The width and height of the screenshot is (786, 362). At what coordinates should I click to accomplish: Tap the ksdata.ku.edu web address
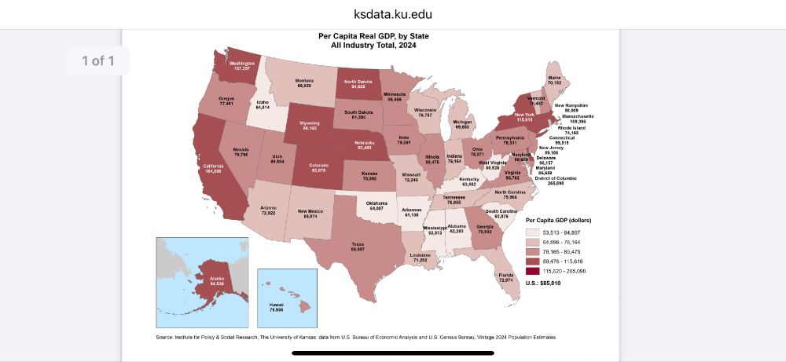[x=392, y=14]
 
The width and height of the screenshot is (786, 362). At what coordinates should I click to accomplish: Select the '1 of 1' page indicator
[x=97, y=60]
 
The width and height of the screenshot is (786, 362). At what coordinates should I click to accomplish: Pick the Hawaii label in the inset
[x=276, y=307]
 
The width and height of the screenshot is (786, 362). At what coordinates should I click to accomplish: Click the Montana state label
[x=304, y=83]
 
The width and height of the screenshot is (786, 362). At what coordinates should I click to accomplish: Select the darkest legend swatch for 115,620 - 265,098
[x=532, y=270]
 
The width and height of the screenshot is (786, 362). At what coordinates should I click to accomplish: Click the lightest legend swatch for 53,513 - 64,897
[x=532, y=232]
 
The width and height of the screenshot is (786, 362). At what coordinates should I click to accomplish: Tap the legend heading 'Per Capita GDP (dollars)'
[x=558, y=221]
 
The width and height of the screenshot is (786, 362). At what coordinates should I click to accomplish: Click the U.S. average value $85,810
[x=543, y=283]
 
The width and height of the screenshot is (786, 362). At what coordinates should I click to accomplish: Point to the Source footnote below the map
[x=356, y=338]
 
